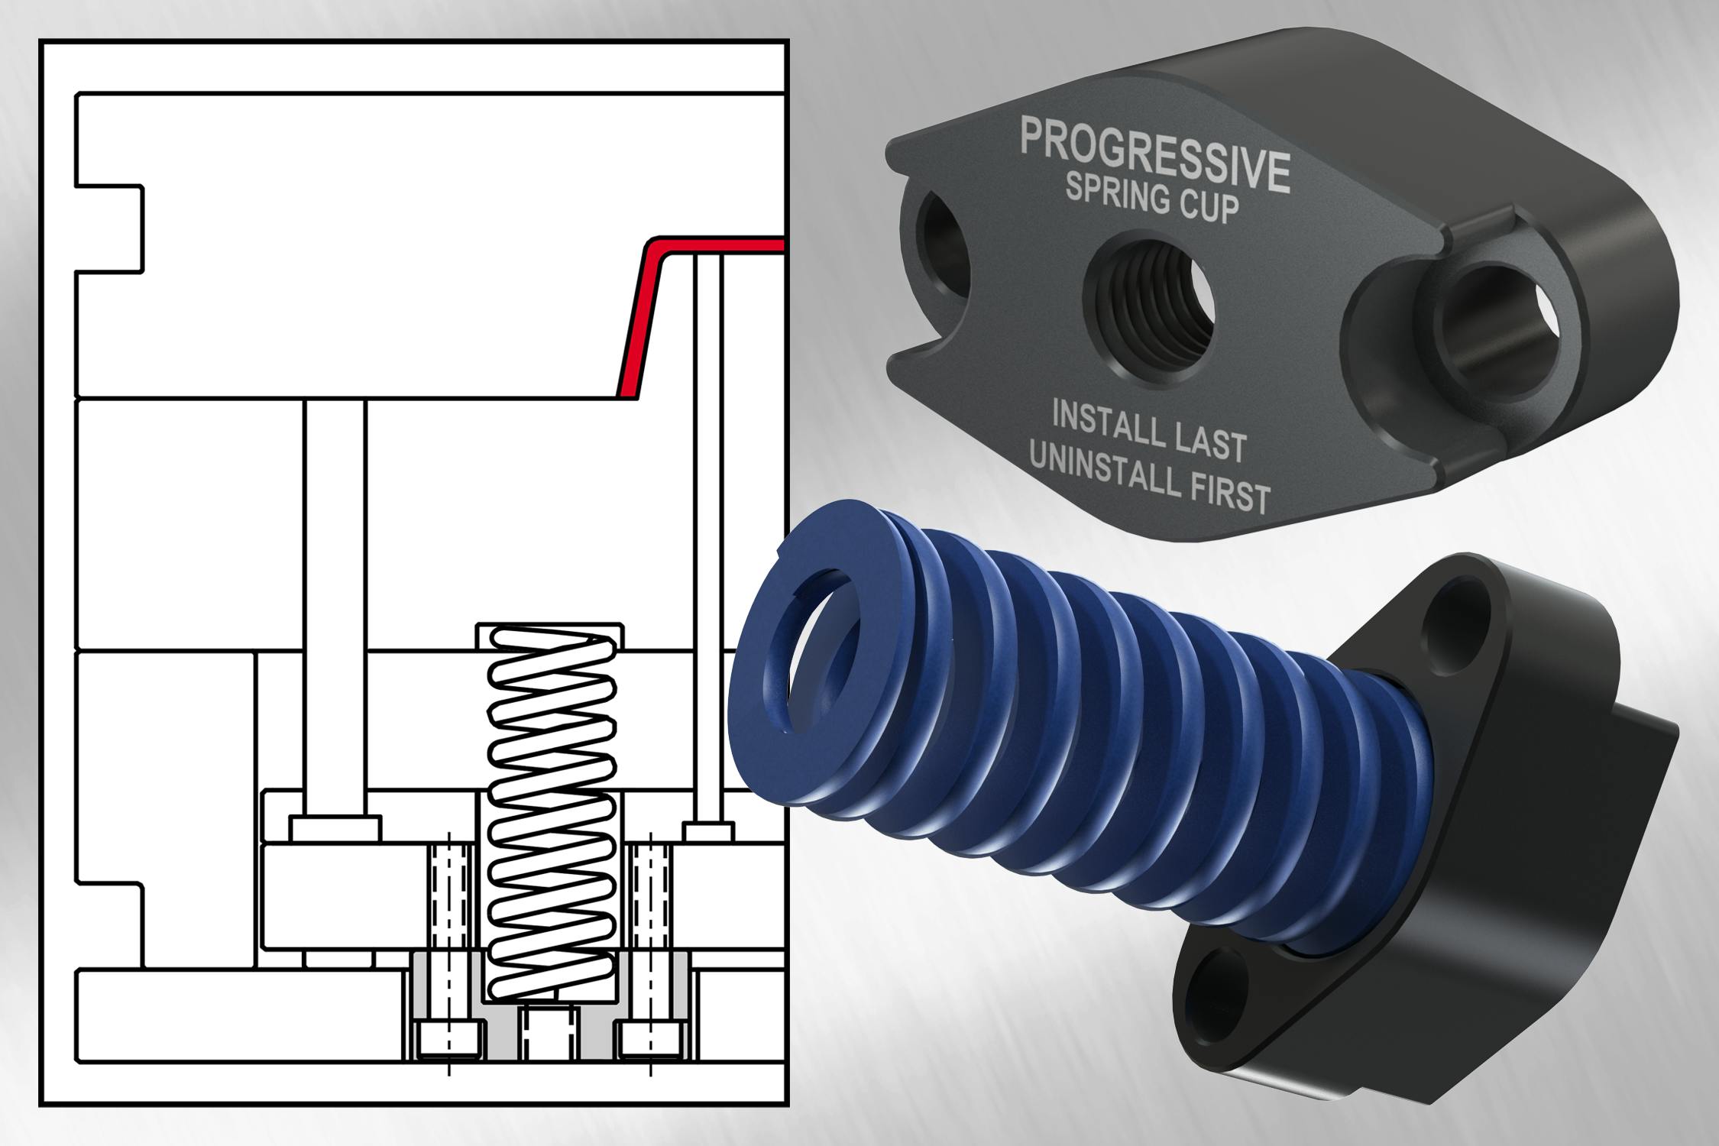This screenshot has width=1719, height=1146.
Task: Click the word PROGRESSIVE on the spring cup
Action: pos(1154,154)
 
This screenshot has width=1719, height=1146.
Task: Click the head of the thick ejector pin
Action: pos(335,828)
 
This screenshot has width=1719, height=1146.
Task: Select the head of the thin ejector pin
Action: pos(708,831)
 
